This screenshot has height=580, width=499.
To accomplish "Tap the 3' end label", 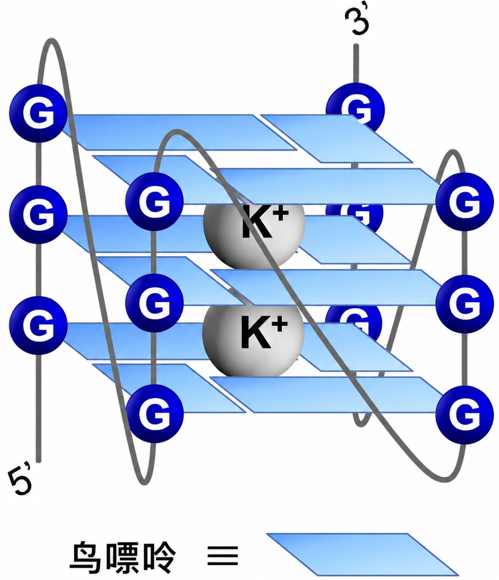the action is pos(356,20).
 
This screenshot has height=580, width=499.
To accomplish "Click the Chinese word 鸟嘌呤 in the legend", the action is pos(123,556).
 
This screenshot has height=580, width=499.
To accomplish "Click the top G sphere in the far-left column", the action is pos(38,113).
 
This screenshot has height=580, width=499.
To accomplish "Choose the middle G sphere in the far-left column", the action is pos(38,214).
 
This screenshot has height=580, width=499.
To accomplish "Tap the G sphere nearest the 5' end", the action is pos(38,325).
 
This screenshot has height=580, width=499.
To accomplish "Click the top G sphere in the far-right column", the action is pos(465,202).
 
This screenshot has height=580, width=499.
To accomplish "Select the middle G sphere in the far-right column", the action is pos(465,304).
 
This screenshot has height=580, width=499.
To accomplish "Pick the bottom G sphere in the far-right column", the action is pos(465,415).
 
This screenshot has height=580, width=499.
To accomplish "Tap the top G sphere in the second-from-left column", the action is pos(154,202).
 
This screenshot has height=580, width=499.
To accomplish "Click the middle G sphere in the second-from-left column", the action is pos(154,303).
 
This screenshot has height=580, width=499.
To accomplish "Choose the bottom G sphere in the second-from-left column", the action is pos(154,414).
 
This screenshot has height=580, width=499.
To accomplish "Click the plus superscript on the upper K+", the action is pos(281,214).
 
